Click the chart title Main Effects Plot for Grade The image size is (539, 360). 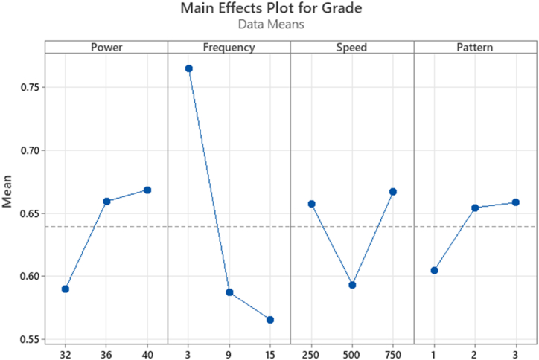269,9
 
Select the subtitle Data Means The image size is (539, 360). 269,25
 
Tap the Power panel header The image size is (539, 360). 106,48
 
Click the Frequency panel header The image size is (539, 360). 229,48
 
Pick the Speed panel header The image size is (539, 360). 352,48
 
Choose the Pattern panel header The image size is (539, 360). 475,48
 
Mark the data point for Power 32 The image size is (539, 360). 66,289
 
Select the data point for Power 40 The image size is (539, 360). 147,190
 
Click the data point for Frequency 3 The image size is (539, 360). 189,68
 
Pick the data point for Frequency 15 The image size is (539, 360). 270,320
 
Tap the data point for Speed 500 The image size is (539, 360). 352,285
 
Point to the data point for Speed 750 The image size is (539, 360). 393,192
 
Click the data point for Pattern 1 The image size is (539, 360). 435,271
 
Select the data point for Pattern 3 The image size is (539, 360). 516,202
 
